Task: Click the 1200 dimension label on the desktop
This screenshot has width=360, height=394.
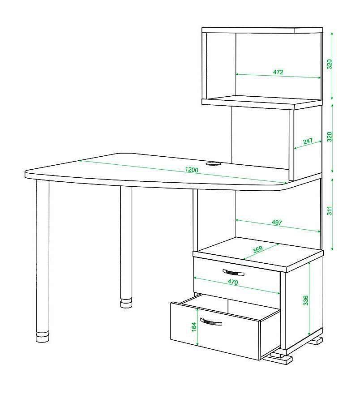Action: tap(192, 170)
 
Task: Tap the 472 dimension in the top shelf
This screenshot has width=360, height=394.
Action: tap(278, 72)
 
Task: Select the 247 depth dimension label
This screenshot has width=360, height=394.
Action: tap(308, 141)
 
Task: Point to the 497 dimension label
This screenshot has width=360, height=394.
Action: tap(277, 223)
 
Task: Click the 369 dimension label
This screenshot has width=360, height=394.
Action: tap(257, 249)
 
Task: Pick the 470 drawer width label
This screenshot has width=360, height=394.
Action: tap(233, 282)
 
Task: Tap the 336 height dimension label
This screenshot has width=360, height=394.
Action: tap(305, 300)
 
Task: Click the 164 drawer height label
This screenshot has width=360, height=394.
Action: tap(194, 327)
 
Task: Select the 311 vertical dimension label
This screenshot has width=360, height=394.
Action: tap(330, 210)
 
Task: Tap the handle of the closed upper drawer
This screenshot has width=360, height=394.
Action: tap(233, 272)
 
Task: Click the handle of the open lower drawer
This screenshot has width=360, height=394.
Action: tap(211, 321)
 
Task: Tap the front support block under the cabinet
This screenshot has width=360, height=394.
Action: tap(279, 358)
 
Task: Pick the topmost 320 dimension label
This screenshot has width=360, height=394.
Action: tap(330, 64)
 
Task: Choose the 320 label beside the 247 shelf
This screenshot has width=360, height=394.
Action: tap(330, 137)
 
